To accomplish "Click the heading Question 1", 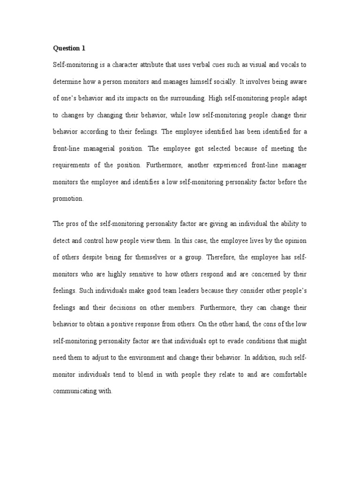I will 68,48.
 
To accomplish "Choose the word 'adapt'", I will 298,98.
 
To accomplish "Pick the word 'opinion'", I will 295,240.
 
